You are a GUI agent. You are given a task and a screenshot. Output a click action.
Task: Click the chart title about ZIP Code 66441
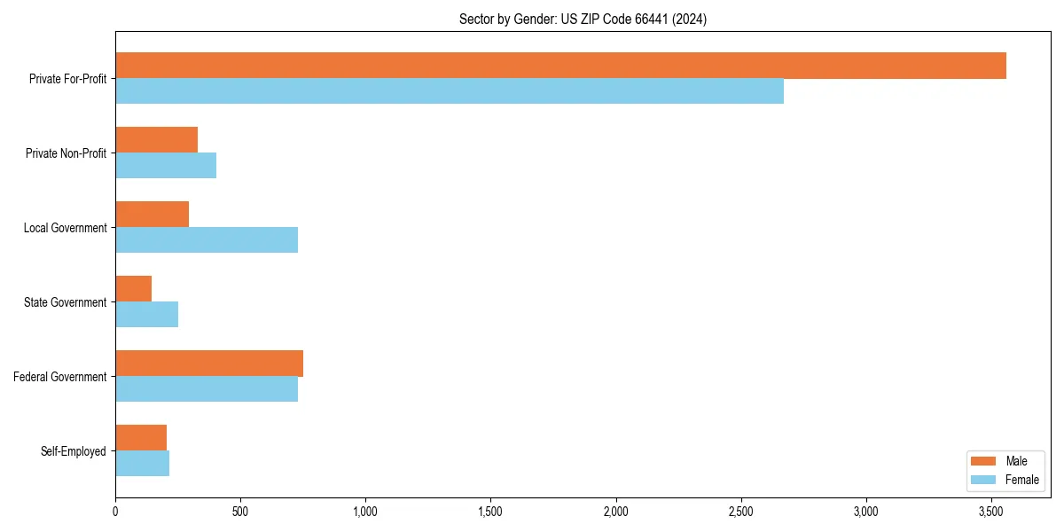click(583, 19)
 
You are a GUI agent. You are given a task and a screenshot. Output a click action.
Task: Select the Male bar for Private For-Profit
click(560, 66)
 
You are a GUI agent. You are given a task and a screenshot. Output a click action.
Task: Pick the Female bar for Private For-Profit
click(450, 91)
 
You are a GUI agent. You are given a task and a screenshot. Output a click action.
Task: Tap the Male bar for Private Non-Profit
click(156, 140)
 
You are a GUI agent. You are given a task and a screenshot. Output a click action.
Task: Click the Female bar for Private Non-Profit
click(166, 166)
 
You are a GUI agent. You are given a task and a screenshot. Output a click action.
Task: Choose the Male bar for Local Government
click(152, 215)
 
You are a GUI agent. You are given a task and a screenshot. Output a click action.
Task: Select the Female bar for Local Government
click(207, 240)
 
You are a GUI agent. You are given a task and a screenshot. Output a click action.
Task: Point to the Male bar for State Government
click(133, 289)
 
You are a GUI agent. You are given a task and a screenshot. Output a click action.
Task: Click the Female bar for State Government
click(146, 315)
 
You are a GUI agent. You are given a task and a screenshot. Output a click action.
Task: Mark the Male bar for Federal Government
click(209, 364)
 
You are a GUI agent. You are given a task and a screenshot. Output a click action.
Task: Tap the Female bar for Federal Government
click(207, 389)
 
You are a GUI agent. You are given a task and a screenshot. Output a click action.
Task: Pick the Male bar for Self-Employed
click(141, 438)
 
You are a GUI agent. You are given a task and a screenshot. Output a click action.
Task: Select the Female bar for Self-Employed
click(142, 464)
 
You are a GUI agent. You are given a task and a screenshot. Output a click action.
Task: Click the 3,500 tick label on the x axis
click(991, 512)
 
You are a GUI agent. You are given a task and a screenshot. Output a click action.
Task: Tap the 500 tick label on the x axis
click(240, 512)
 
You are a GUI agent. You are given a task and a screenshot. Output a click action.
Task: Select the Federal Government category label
click(59, 377)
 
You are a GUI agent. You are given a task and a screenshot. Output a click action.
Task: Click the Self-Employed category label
click(73, 451)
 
